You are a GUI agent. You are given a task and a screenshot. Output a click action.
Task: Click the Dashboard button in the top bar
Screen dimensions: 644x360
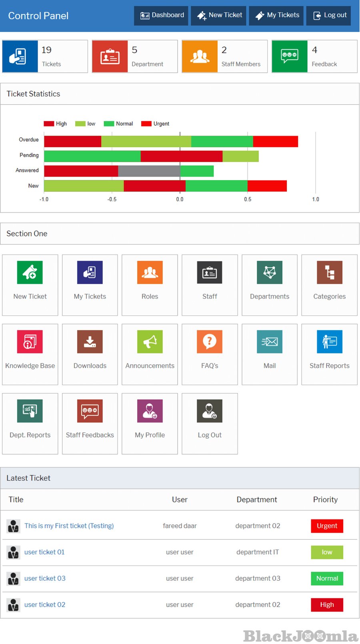click(x=161, y=16)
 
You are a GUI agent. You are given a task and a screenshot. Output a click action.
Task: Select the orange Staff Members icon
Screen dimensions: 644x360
click(x=200, y=56)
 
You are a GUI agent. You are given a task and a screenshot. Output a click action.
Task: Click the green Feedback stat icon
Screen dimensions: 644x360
click(x=290, y=56)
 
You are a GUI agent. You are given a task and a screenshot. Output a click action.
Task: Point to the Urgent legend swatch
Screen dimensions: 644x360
click(x=146, y=124)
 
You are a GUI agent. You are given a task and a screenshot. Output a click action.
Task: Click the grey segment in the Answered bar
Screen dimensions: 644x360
click(x=149, y=171)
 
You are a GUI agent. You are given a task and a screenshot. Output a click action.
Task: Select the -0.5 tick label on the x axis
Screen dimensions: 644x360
click(x=112, y=199)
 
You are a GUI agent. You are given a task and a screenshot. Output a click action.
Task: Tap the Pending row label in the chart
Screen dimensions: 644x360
click(x=29, y=155)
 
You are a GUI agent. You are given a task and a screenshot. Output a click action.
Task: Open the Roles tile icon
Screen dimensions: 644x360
click(x=150, y=273)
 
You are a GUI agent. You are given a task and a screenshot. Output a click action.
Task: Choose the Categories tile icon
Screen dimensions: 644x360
click(x=329, y=273)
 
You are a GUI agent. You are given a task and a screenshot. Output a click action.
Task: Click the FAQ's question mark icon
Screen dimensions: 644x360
click(x=210, y=342)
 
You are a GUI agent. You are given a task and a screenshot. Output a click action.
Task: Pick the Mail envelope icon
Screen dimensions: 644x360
click(x=270, y=342)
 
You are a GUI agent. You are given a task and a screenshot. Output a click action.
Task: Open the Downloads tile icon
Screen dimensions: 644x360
click(x=90, y=342)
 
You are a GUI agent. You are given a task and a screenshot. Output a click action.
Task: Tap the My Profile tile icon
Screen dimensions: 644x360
click(x=150, y=411)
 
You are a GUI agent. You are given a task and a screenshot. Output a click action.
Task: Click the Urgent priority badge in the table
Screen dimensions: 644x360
click(x=327, y=526)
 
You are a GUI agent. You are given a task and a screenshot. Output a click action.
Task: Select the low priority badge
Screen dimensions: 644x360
click(x=327, y=552)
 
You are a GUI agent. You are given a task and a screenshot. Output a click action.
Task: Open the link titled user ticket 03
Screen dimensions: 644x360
click(x=45, y=578)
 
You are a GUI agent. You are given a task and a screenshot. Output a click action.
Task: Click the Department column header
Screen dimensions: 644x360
click(x=257, y=500)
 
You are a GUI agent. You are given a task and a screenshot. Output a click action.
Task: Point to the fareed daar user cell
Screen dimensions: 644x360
click(x=180, y=526)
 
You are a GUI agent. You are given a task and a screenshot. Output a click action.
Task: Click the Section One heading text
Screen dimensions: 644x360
click(x=27, y=234)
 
